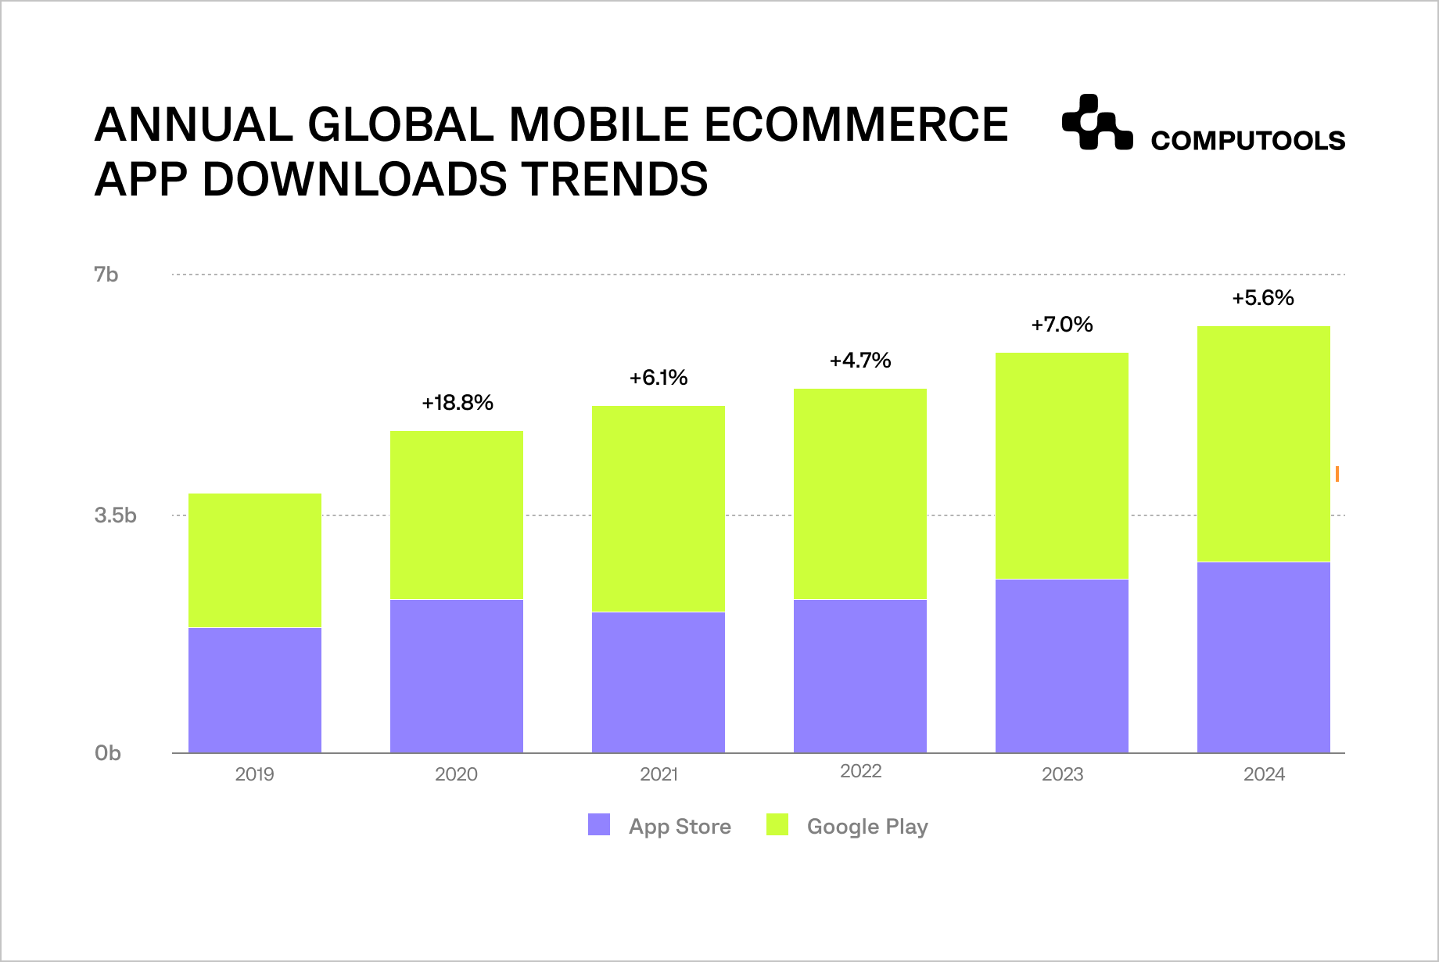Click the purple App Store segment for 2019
point(255,690)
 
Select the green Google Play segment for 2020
point(457,515)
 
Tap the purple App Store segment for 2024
point(1264,657)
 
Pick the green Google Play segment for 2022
point(860,494)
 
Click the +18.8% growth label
point(458,403)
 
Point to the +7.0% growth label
point(1062,325)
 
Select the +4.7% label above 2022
point(860,361)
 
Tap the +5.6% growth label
point(1263,298)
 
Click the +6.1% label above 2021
point(658,379)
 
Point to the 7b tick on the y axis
point(106,275)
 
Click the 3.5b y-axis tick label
point(115,515)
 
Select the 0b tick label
point(108,753)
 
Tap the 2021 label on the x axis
point(658,774)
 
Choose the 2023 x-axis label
point(1062,774)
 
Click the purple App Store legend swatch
point(599,825)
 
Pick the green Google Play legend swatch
point(777,825)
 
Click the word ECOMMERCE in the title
point(856,125)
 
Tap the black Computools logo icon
point(1096,123)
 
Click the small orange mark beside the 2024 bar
point(1337,474)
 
